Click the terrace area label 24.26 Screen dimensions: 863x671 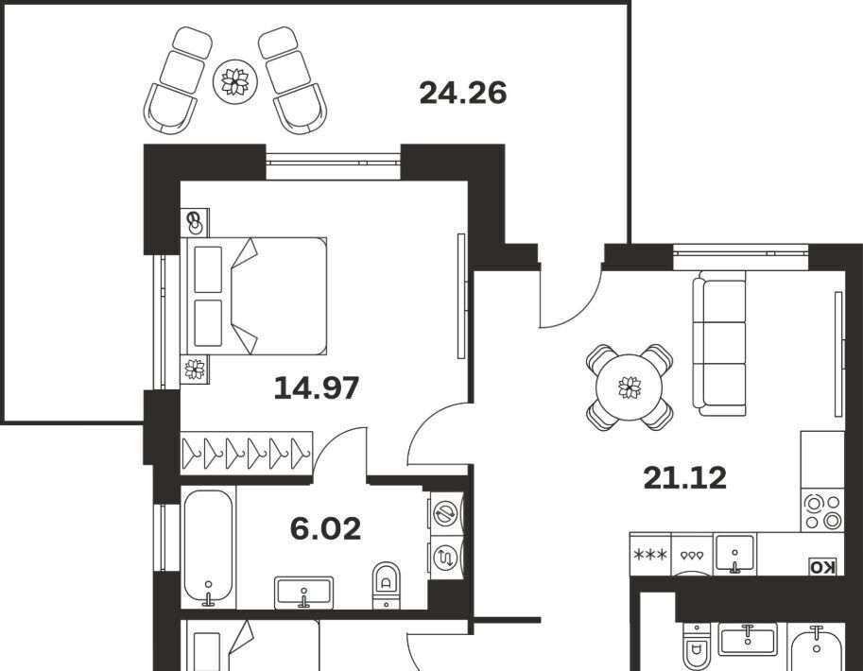click(x=463, y=93)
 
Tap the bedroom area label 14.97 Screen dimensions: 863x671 click(x=317, y=387)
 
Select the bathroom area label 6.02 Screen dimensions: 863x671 click(x=325, y=528)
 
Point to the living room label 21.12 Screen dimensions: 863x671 click(x=684, y=478)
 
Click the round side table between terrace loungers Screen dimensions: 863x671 click(x=235, y=81)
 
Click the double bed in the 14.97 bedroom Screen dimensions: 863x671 click(x=254, y=296)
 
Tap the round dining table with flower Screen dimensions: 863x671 click(x=630, y=387)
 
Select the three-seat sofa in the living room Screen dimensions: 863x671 click(x=718, y=343)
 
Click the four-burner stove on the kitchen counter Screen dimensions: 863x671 click(x=822, y=512)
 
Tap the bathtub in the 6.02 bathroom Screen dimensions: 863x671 click(x=208, y=547)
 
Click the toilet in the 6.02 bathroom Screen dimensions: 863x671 click(x=387, y=585)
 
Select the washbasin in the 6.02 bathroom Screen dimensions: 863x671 click(x=303, y=593)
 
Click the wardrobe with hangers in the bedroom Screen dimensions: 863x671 click(x=247, y=453)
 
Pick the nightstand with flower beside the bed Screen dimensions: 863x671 click(x=195, y=369)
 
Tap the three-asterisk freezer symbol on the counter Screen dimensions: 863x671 click(x=650, y=555)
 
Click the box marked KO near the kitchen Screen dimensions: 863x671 click(x=822, y=567)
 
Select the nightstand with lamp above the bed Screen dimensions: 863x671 click(x=195, y=222)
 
